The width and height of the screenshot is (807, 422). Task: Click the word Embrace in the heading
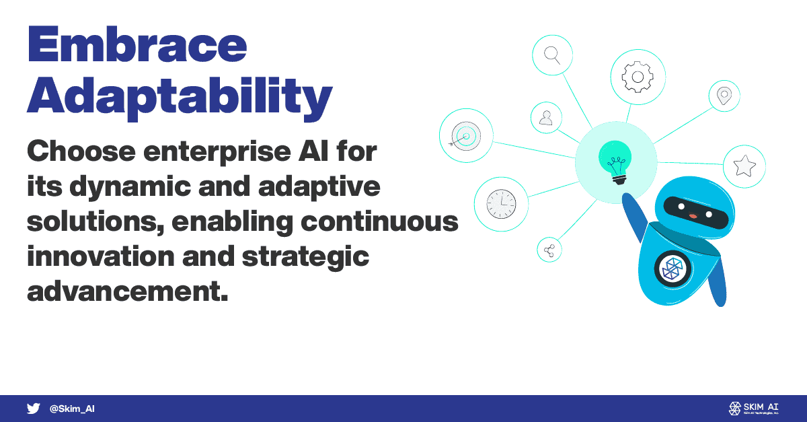137,44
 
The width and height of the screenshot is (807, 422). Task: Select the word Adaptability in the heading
180,98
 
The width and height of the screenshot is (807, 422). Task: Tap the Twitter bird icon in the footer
33,409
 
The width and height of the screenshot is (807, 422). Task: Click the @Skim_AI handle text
72,409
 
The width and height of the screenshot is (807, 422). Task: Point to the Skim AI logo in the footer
754,409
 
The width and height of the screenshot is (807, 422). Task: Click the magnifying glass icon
552,55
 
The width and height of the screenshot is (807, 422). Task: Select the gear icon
638,77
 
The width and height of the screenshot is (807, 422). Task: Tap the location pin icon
724,96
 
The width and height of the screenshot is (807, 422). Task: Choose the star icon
744,166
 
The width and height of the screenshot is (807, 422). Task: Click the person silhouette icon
546,118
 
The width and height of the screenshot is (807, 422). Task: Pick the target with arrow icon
465,136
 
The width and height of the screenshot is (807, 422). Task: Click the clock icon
501,204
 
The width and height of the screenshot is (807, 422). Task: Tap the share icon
549,250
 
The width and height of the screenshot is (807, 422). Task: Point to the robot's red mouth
693,215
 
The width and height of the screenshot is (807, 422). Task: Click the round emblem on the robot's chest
672,269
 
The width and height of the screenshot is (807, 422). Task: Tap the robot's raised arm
634,217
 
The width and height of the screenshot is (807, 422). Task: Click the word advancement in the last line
128,291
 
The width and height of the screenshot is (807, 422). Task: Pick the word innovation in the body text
101,256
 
